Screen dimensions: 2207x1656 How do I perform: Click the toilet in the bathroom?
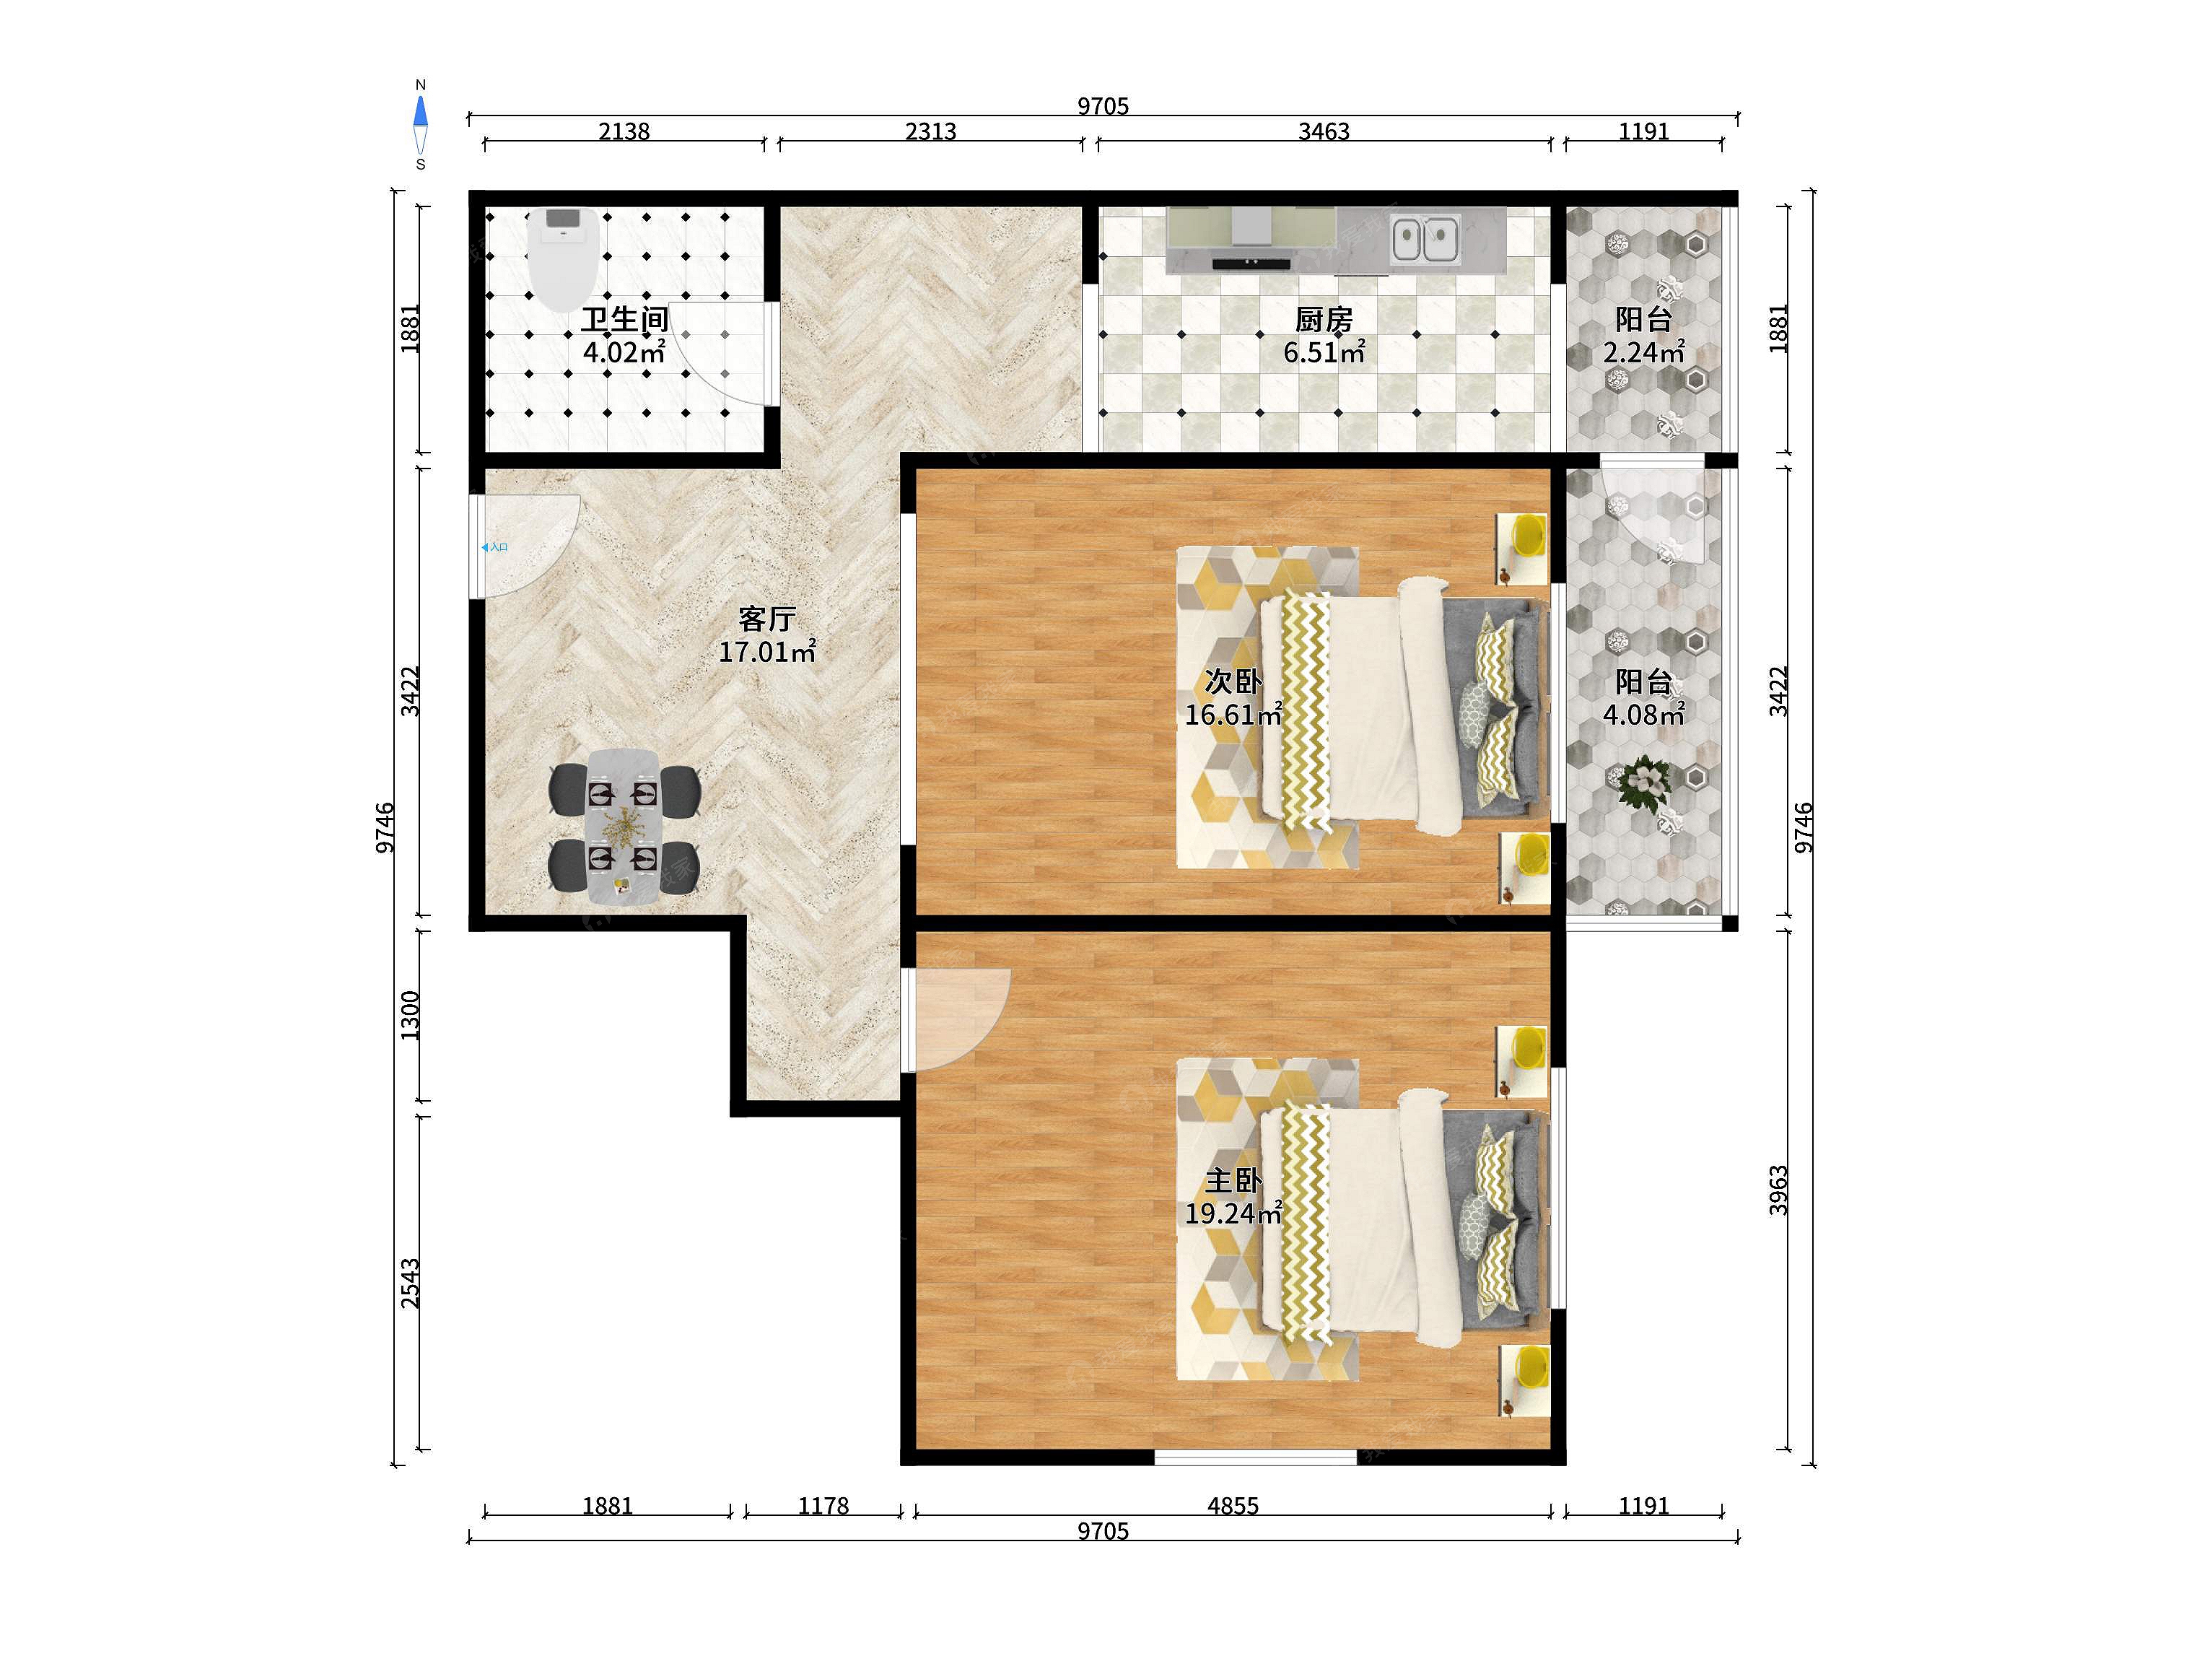(x=564, y=258)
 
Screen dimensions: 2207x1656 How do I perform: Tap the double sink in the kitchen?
(x=1426, y=240)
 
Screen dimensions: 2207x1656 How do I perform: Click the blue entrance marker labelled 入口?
(x=495, y=547)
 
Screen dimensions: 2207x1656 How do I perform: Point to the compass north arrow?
(x=421, y=112)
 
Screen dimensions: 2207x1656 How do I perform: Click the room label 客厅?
(x=766, y=619)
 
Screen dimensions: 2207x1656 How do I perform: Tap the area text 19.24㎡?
(x=1233, y=1213)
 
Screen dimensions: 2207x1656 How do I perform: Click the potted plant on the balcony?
(x=1643, y=780)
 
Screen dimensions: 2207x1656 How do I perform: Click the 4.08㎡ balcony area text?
(x=1643, y=715)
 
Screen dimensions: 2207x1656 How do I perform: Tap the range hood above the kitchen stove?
(x=1251, y=227)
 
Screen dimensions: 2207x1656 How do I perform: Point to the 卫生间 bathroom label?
(x=624, y=319)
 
